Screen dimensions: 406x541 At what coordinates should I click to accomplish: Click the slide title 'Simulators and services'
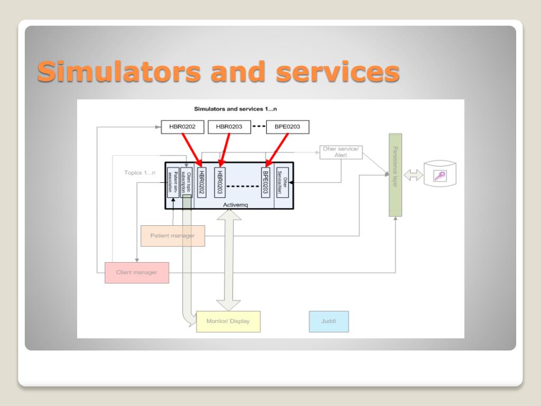[218, 71]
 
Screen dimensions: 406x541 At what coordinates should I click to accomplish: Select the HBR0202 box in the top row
[182, 127]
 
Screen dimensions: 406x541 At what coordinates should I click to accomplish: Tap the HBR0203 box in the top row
[229, 127]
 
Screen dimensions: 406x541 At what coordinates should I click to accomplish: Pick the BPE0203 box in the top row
[287, 127]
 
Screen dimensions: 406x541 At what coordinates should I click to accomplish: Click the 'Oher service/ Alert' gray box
[341, 152]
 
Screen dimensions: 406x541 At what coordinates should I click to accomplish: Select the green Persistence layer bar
[395, 174]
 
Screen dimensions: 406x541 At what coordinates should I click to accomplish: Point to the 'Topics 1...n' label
[140, 172]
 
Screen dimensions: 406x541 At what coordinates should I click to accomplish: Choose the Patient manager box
[172, 236]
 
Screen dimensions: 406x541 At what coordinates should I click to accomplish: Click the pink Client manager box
[137, 273]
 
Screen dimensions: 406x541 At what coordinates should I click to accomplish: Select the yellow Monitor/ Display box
[228, 321]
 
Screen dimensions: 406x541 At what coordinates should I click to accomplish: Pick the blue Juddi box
[329, 321]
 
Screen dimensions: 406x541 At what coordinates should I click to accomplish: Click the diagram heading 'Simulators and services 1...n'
[236, 109]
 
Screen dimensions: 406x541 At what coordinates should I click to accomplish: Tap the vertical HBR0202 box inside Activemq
[201, 183]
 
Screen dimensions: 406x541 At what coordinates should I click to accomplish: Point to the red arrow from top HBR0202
[192, 149]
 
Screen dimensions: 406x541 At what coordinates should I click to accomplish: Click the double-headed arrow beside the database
[414, 176]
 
